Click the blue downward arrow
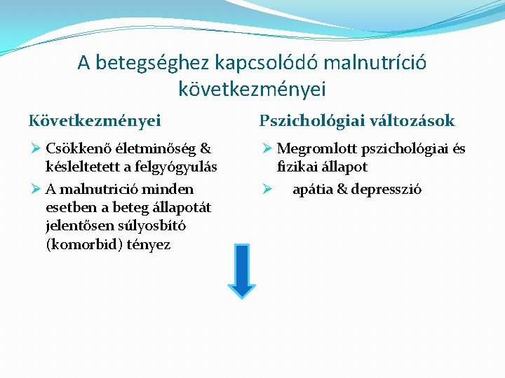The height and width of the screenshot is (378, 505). point(241,271)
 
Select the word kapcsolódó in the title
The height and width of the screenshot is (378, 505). point(260,63)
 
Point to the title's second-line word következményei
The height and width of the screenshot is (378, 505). point(252,89)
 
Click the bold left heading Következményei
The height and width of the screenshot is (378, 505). point(95,120)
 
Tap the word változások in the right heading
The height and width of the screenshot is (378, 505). point(415,120)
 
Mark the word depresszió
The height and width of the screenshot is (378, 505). point(386,189)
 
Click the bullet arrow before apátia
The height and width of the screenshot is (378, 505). point(267,189)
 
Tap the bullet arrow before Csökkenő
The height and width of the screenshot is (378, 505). point(35,148)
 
